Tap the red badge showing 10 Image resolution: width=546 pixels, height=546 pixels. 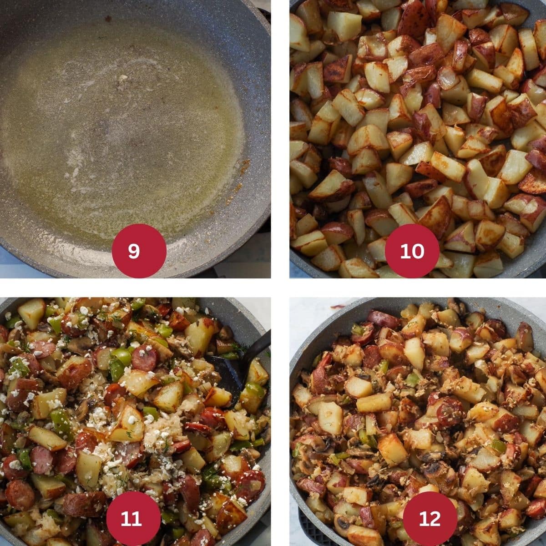(x=412, y=251)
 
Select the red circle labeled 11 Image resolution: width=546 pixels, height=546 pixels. (x=133, y=518)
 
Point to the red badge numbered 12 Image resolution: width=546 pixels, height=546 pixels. (x=430, y=518)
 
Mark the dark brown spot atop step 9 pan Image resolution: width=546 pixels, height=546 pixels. (x=108, y=19)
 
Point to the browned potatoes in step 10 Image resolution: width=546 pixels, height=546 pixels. (x=409, y=136)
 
